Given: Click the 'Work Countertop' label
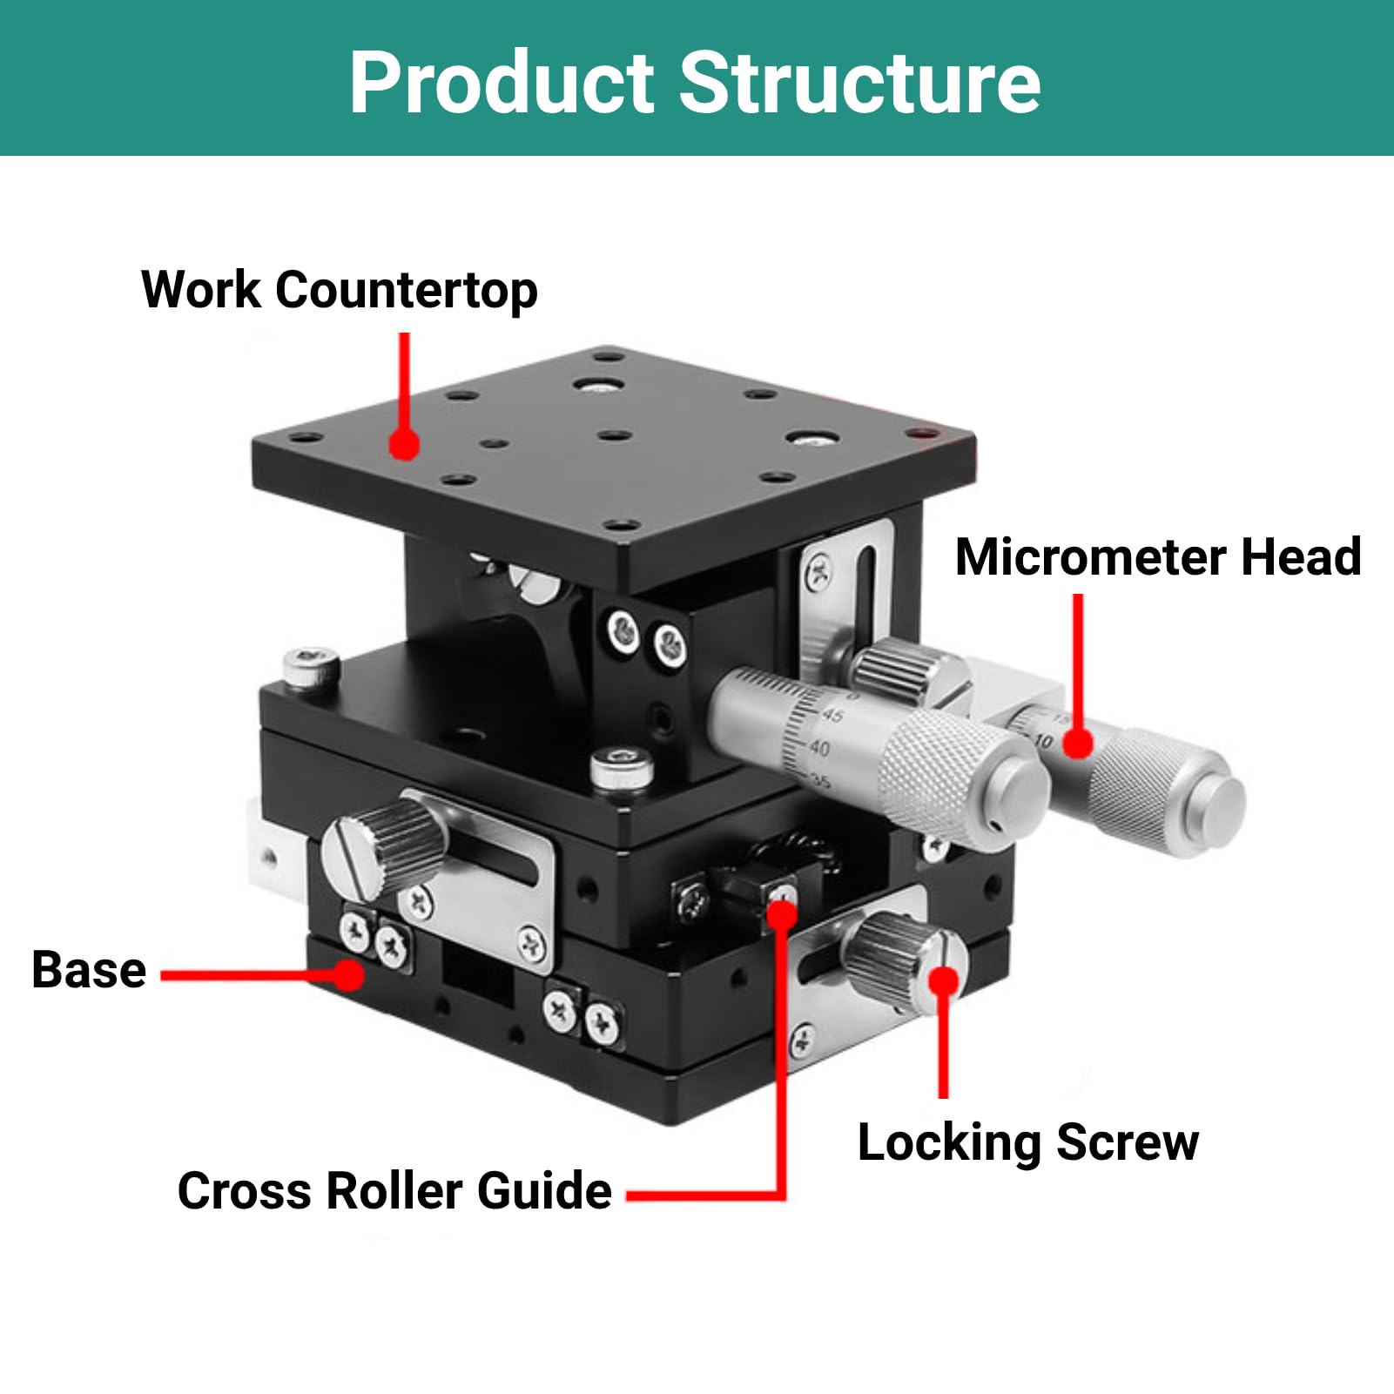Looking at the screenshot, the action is click(340, 291).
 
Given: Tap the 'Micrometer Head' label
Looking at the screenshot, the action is click(1158, 557).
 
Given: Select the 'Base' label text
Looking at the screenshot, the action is click(89, 970).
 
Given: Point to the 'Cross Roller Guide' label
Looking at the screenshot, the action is click(394, 1191).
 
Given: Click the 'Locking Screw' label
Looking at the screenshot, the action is click(1028, 1143).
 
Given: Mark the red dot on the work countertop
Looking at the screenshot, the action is click(404, 442).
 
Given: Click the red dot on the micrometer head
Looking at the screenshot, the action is click(1078, 743).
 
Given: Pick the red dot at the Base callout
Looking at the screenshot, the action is click(349, 974).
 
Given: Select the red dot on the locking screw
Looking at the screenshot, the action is click(944, 981).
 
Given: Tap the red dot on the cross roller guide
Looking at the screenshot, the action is click(782, 914).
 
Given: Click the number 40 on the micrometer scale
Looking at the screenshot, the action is click(819, 748).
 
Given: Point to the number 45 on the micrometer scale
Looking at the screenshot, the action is click(832, 716).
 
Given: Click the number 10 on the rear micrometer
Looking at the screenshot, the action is click(1043, 742).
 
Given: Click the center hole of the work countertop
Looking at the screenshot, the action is click(614, 434).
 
